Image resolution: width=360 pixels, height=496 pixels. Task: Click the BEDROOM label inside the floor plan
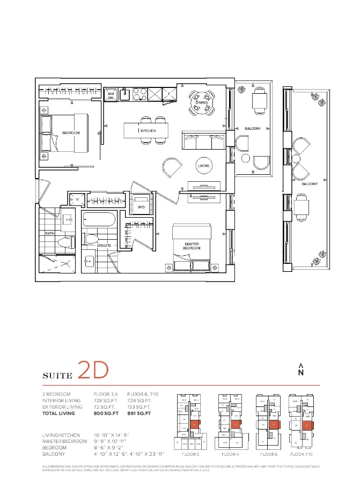coord(71,132)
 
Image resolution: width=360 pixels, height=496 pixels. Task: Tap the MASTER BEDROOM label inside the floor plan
coord(191,247)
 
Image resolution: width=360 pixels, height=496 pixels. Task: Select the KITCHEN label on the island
coord(148,131)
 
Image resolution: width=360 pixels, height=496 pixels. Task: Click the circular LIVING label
coord(203,166)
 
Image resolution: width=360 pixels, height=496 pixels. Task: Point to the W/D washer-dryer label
coord(141,206)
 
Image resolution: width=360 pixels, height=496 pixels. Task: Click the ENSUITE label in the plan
coord(104,245)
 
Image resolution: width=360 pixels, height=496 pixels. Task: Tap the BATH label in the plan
coord(49,233)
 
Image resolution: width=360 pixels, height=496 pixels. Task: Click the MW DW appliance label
coord(111,95)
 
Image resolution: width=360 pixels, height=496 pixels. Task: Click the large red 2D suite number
coord(93,370)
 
